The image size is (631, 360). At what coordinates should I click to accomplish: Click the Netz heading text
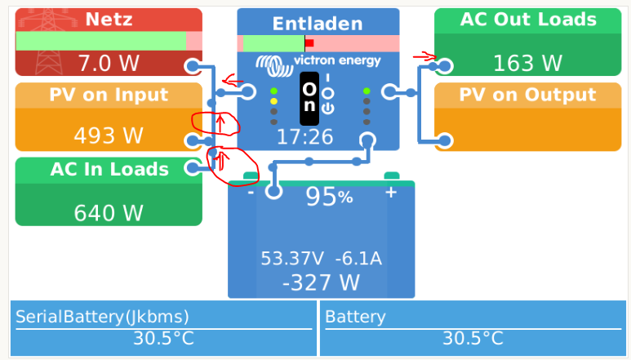pos(109,20)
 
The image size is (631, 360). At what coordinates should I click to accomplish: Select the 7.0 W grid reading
pos(109,63)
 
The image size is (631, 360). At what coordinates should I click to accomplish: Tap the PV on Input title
pos(109,95)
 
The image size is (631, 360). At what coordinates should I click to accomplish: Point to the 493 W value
pos(109,136)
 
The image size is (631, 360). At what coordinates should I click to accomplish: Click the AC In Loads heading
pos(109,170)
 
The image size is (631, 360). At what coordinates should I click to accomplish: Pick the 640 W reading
pos(109,213)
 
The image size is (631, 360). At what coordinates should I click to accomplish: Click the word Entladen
pos(318,24)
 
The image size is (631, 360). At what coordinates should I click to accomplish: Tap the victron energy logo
pos(318,62)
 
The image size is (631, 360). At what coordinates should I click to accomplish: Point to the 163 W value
pos(527,63)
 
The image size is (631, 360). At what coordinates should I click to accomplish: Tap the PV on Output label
pos(527,95)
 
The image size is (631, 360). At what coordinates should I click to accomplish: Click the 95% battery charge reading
pos(329,197)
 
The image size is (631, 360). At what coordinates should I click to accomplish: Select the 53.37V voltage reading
pos(291,259)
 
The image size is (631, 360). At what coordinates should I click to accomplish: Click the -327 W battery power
pos(321,282)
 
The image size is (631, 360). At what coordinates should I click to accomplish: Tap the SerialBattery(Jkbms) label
pos(102,317)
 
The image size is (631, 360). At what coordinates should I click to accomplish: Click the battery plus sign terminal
pos(391,192)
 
